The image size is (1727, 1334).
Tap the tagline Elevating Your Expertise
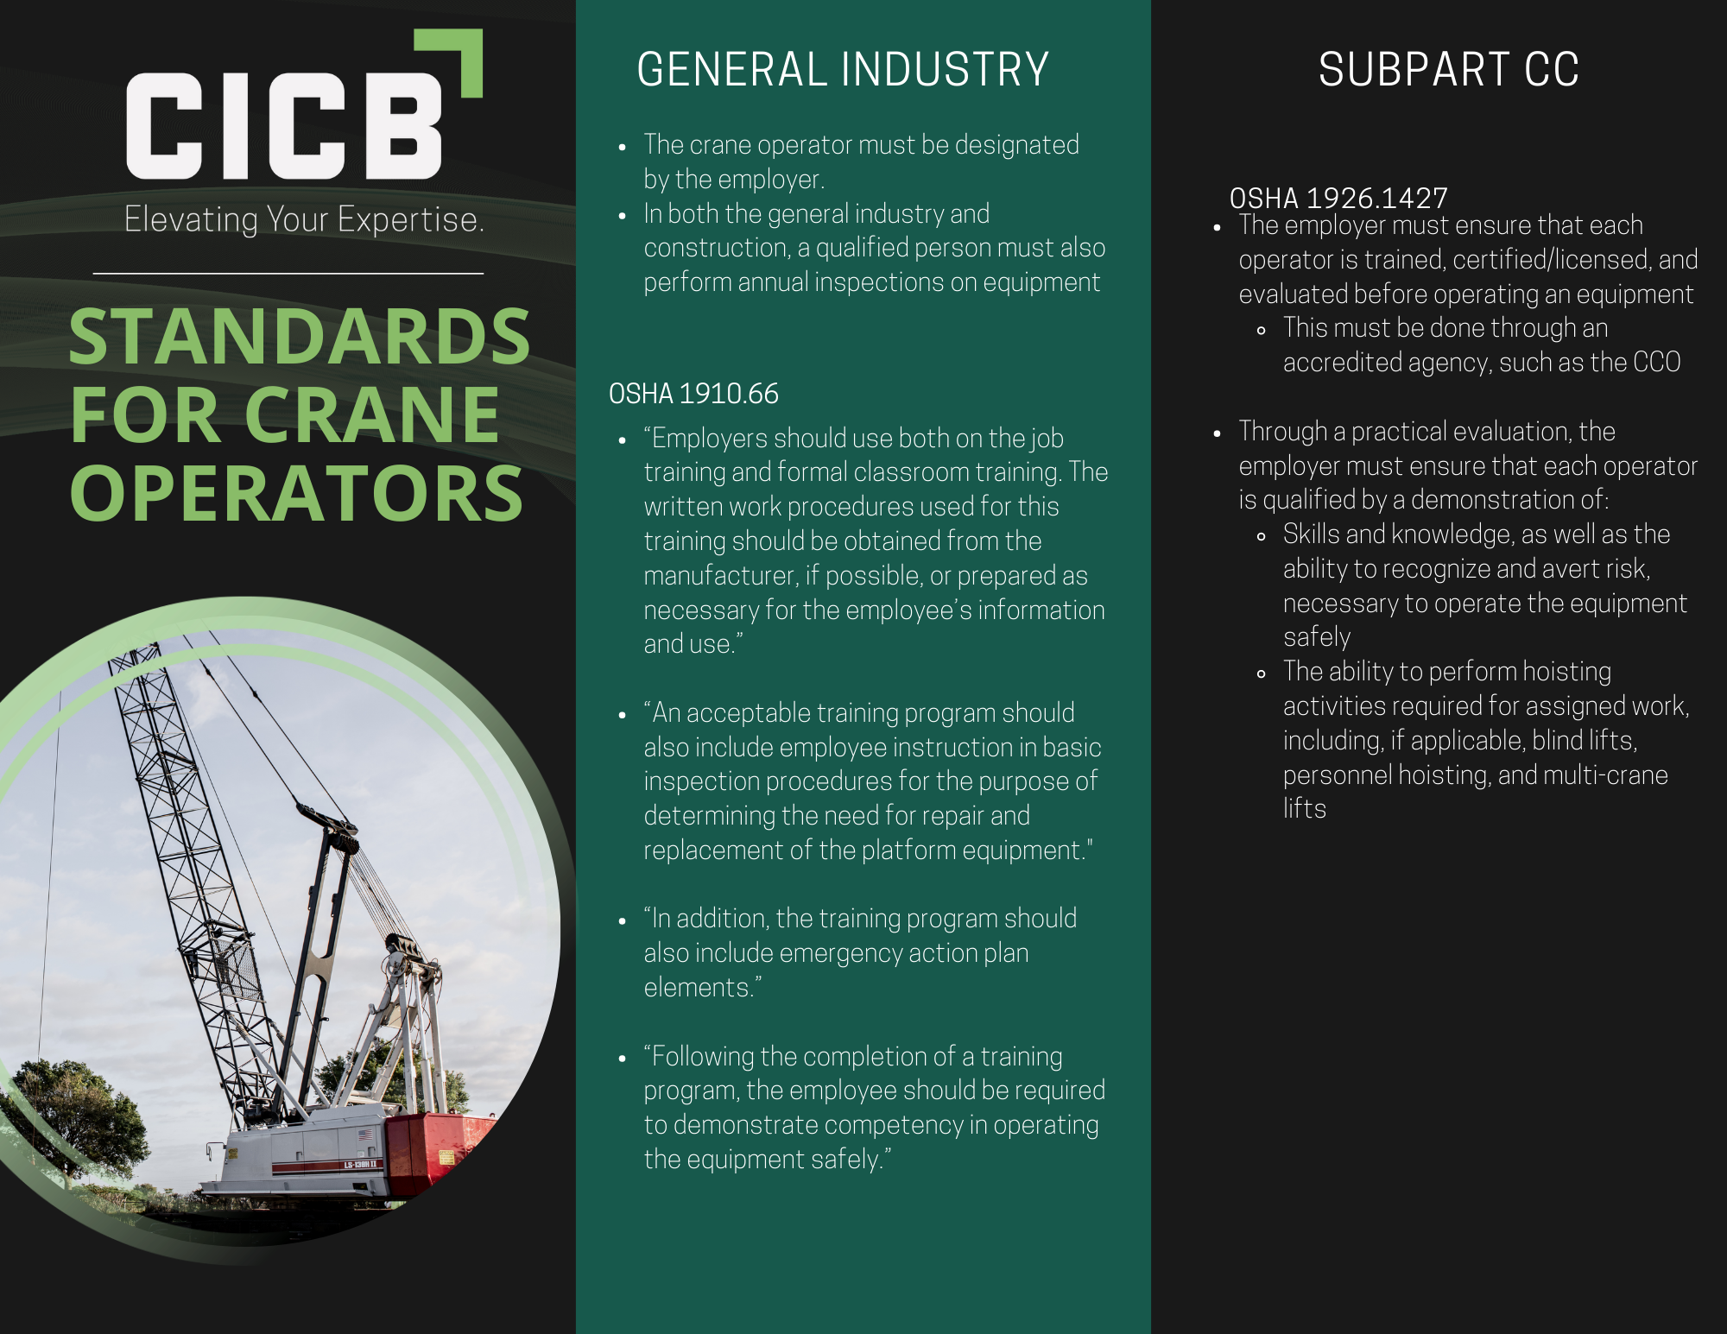[304, 219]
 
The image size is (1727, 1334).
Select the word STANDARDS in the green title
[299, 337]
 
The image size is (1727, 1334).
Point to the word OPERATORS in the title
[296, 494]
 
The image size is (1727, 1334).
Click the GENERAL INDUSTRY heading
[842, 70]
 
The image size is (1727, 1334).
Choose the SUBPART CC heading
[1448, 70]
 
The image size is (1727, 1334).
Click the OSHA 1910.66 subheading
[693, 394]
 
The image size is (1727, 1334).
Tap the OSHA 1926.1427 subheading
[1338, 199]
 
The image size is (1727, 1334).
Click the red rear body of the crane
[436, 1144]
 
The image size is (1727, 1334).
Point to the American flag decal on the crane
[365, 1135]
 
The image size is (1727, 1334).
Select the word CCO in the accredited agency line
[1657, 363]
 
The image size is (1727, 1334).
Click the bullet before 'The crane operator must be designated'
[622, 148]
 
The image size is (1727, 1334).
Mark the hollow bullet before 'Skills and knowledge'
[1262, 536]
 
